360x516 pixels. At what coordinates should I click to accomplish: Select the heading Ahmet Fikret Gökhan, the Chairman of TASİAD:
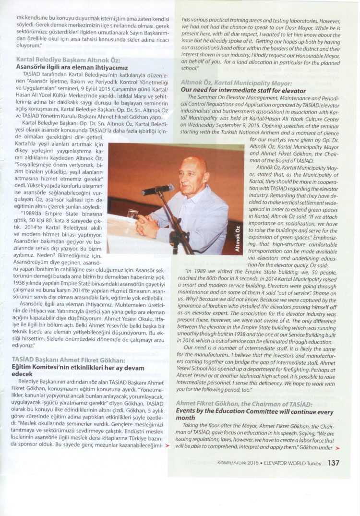[247, 404]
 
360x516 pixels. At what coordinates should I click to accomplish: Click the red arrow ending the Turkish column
[167, 445]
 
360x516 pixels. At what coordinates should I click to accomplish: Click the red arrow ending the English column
[337, 448]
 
